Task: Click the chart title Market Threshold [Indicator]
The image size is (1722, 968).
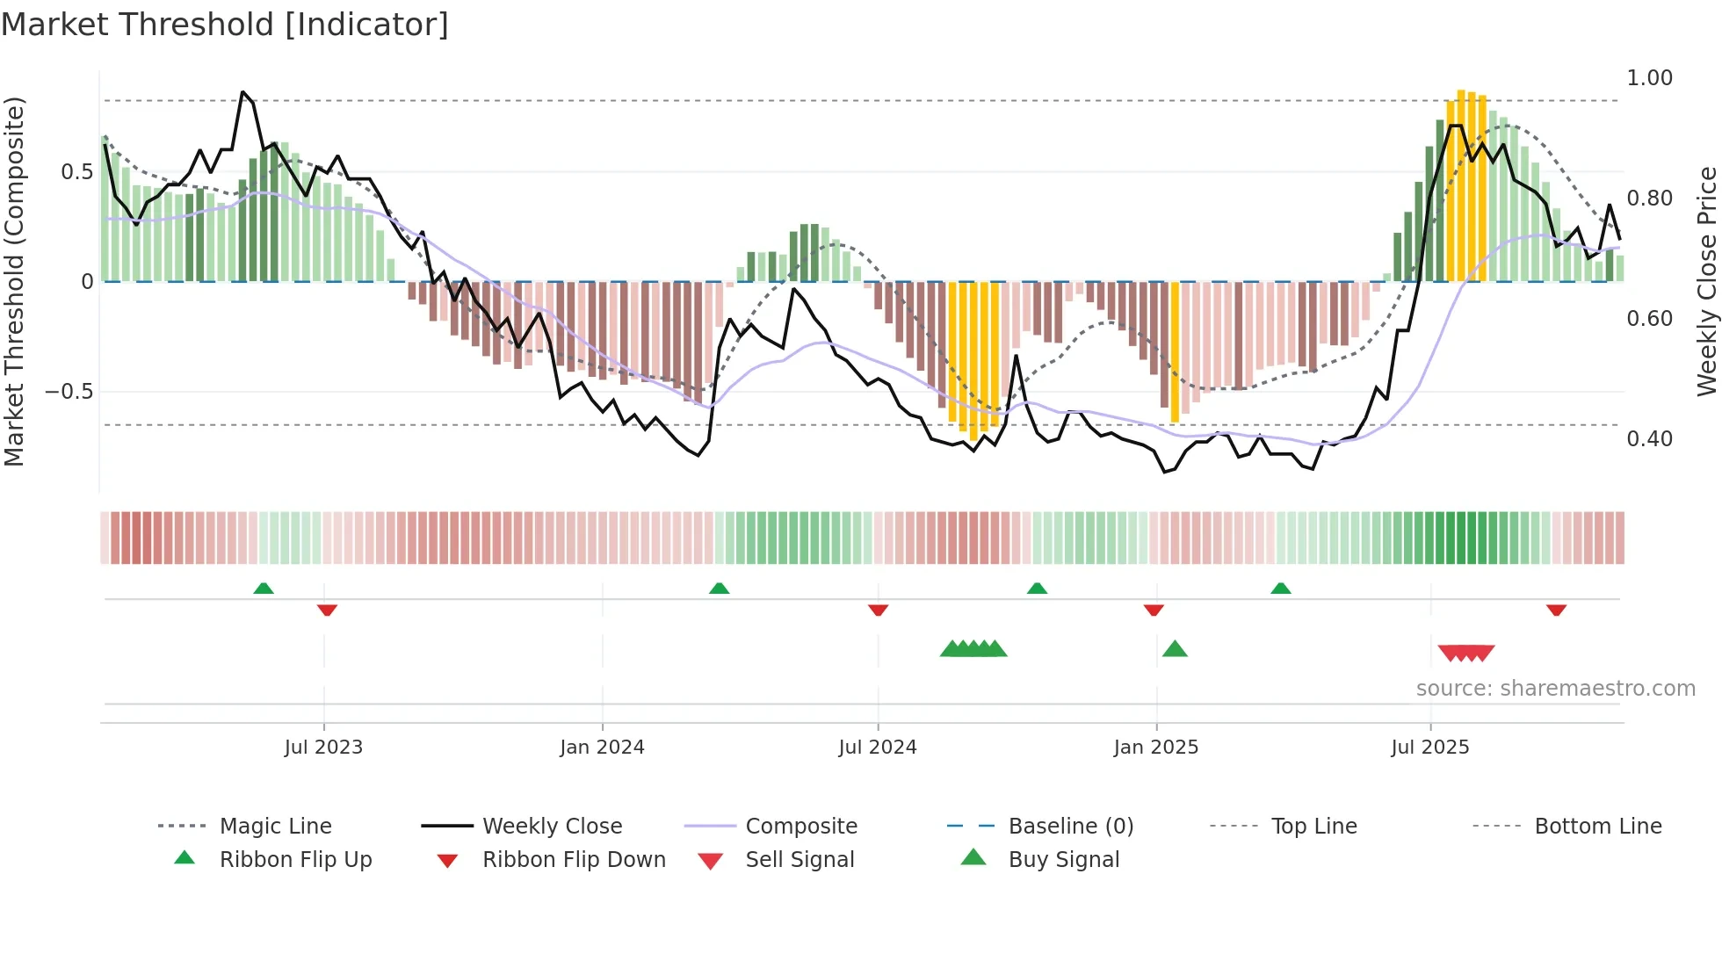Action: pos(225,25)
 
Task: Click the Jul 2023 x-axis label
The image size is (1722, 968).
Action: pos(323,748)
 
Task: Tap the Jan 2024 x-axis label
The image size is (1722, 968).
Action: pos(602,748)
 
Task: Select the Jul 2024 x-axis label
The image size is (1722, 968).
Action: pos(877,748)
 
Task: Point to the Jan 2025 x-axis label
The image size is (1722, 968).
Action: pos(1155,748)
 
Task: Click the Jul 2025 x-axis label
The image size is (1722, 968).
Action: pos(1429,748)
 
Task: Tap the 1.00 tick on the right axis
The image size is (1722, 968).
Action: pos(1649,78)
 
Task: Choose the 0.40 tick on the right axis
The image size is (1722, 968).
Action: pos(1649,438)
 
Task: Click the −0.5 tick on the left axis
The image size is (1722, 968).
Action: pos(69,392)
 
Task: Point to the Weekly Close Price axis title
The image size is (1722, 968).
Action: pos(1706,281)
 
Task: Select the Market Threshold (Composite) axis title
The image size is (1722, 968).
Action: pos(14,281)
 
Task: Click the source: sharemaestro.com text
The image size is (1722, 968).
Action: pos(1555,689)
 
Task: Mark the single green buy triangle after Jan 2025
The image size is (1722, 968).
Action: pos(1175,649)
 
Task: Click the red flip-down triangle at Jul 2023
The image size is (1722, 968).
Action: pos(327,610)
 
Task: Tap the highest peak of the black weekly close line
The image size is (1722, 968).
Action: pos(243,92)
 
